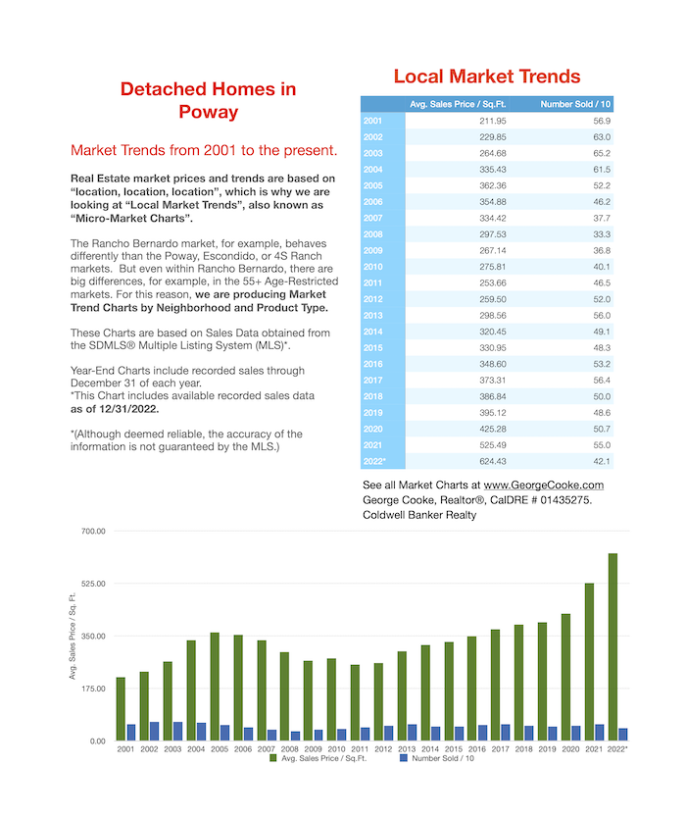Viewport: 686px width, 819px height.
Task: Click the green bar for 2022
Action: pyautogui.click(x=612, y=646)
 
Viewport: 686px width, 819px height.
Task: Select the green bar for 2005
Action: pyautogui.click(x=215, y=687)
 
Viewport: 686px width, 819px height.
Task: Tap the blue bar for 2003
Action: pyautogui.click(x=178, y=732)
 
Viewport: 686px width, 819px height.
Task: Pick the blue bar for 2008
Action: pyautogui.click(x=296, y=736)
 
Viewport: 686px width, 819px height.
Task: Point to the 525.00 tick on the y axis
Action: pyautogui.click(x=93, y=584)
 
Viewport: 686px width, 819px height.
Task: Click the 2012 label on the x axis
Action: pyautogui.click(x=383, y=749)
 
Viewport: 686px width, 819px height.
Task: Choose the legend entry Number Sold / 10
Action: pyautogui.click(x=437, y=758)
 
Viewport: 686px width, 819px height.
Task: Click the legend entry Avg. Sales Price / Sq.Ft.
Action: pyautogui.click(x=318, y=758)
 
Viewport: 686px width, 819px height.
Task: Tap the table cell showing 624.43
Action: pyautogui.click(x=493, y=461)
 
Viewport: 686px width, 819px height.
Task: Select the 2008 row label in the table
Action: pyautogui.click(x=372, y=234)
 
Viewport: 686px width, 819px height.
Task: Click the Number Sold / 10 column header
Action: pyautogui.click(x=575, y=104)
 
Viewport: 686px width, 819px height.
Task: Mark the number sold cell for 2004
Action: pyautogui.click(x=602, y=170)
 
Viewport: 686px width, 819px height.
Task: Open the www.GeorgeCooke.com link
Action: pyautogui.click(x=544, y=485)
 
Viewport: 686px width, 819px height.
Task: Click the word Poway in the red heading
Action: pyautogui.click(x=209, y=112)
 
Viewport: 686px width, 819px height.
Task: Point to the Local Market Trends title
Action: pyautogui.click(x=486, y=77)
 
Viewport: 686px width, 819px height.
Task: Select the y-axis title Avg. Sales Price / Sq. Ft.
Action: pyautogui.click(x=73, y=636)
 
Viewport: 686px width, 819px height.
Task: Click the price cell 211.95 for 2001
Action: pyautogui.click(x=493, y=121)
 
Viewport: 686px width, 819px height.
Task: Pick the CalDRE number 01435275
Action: pyautogui.click(x=565, y=500)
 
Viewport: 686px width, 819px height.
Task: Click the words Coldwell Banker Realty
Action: pyautogui.click(x=419, y=515)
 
